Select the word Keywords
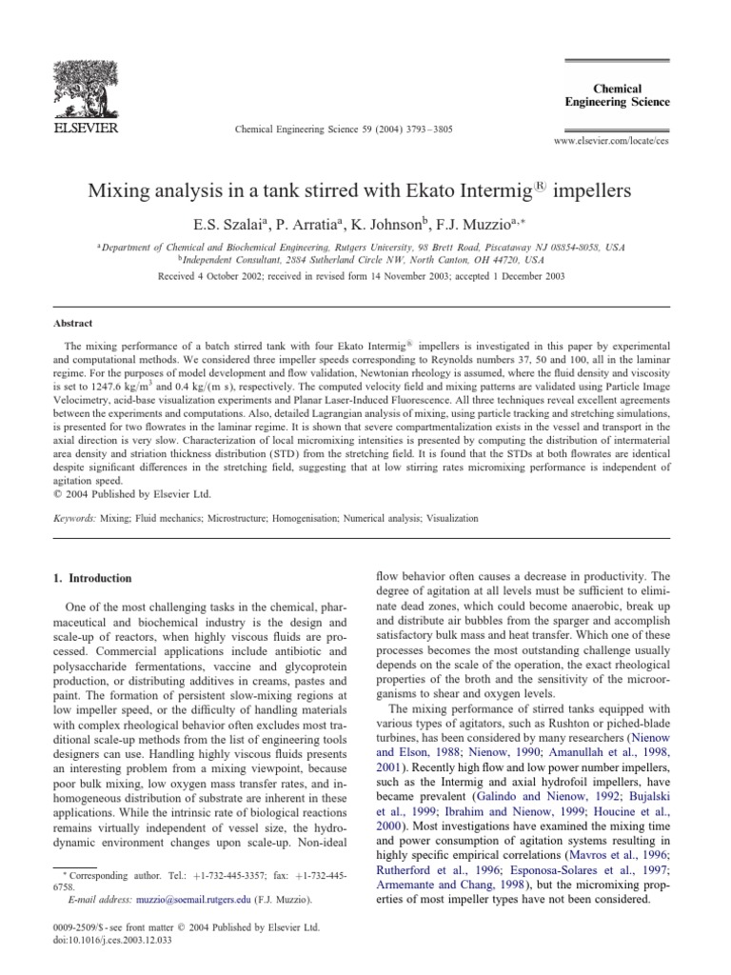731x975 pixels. (x=74, y=519)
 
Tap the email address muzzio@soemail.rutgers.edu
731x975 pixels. (x=174, y=899)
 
